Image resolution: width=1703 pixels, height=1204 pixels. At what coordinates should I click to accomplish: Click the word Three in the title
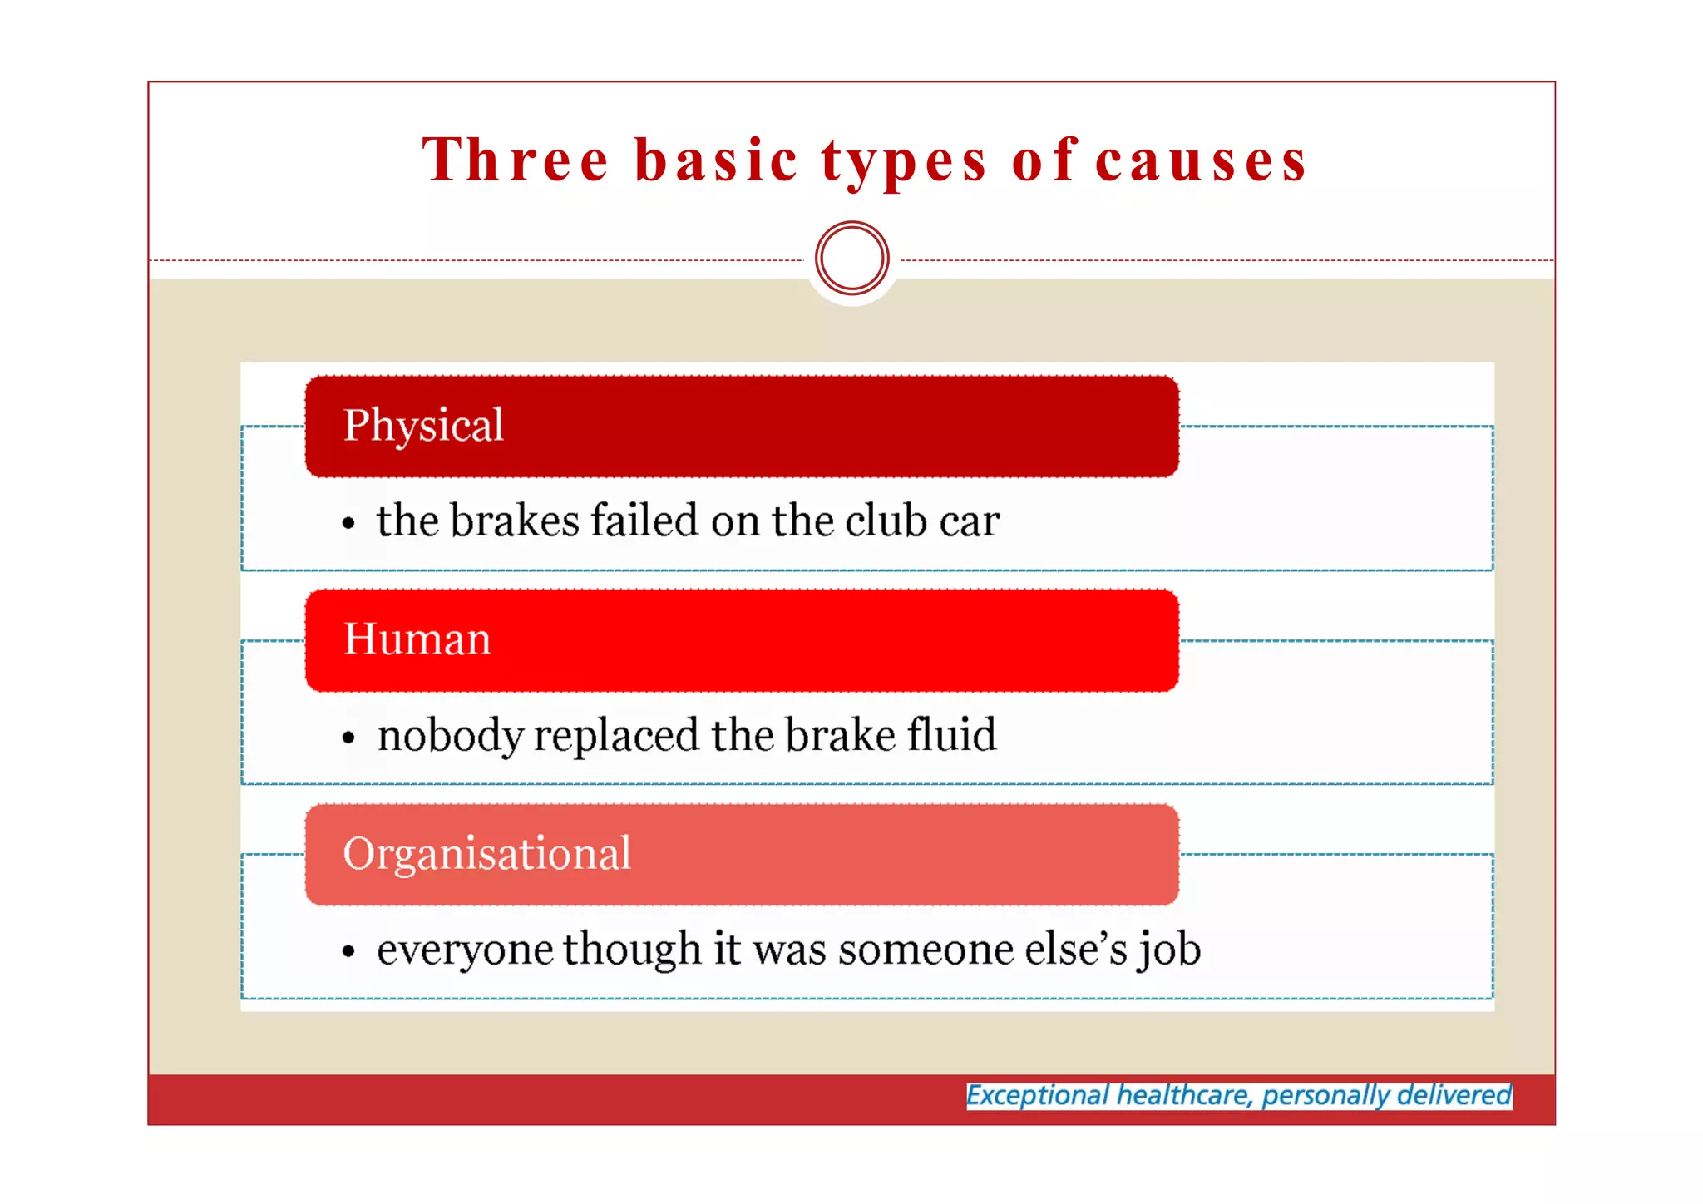pos(516,160)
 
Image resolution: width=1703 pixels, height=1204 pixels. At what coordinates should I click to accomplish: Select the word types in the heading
pos(904,161)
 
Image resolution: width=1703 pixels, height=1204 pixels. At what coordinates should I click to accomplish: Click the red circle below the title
pos(851,258)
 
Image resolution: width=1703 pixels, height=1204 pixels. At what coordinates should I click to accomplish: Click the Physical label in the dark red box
pos(423,426)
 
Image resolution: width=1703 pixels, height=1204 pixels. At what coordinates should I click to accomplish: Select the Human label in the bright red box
pos(417,639)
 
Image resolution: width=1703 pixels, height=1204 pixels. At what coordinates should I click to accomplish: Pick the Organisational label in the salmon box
pos(486,854)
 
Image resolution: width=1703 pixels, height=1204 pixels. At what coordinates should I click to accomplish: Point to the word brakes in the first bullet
pos(515,521)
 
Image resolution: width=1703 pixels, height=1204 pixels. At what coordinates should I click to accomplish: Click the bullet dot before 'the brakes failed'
pos(348,524)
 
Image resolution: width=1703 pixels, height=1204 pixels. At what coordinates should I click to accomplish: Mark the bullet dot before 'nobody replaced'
pos(348,738)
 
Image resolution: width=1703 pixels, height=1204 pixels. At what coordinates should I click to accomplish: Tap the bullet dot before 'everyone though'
pos(348,951)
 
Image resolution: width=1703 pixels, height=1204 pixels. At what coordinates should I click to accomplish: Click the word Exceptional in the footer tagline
pos(1037,1095)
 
